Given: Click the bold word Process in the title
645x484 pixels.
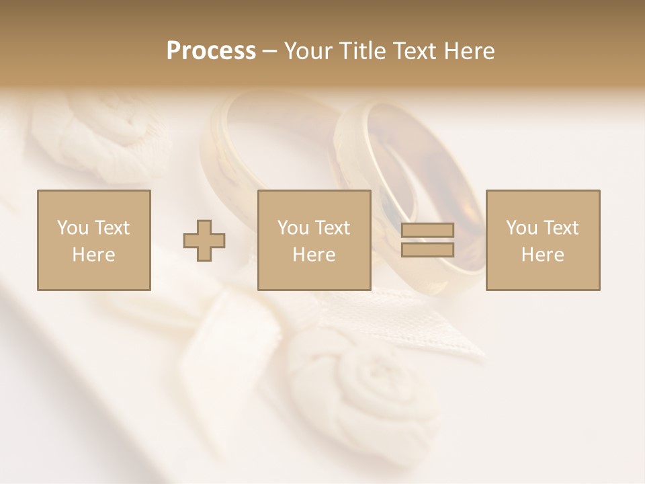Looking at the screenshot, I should coord(211,51).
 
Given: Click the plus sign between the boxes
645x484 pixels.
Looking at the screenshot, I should coord(204,241).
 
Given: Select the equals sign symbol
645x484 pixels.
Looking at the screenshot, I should coord(427,241).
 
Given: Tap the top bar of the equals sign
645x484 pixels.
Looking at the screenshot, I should coord(427,231).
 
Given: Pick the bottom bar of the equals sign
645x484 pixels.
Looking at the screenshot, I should coord(427,250).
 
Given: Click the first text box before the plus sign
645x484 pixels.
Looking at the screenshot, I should coord(93,240).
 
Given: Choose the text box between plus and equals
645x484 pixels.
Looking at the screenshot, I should coord(314,240).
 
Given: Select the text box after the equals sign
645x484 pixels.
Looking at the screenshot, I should coord(542,240).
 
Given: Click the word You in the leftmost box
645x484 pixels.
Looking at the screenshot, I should coord(71,228).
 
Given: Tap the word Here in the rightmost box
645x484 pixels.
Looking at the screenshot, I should coord(542,255).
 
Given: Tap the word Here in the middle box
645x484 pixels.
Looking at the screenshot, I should coord(314,255).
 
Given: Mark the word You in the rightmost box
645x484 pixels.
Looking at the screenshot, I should coord(521,228).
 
